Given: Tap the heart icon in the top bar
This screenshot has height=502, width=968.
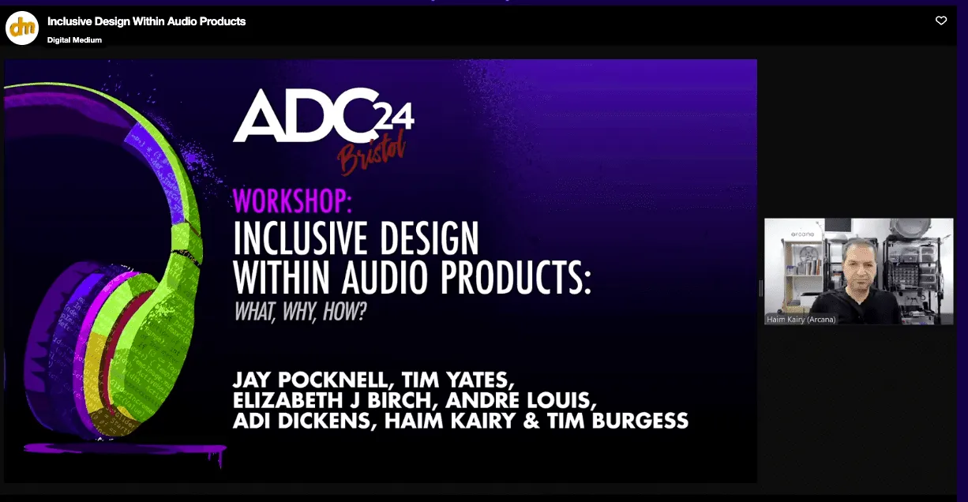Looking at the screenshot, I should (940, 21).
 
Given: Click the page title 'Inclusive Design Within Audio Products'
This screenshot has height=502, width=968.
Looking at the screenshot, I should (146, 21).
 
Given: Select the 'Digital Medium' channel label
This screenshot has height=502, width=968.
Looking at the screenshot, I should (74, 40).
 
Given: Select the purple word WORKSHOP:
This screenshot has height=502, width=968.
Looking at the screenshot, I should (292, 202).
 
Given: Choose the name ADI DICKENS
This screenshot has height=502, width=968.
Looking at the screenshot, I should (303, 421).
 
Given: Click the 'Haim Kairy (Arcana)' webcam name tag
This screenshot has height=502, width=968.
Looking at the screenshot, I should (801, 320).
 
